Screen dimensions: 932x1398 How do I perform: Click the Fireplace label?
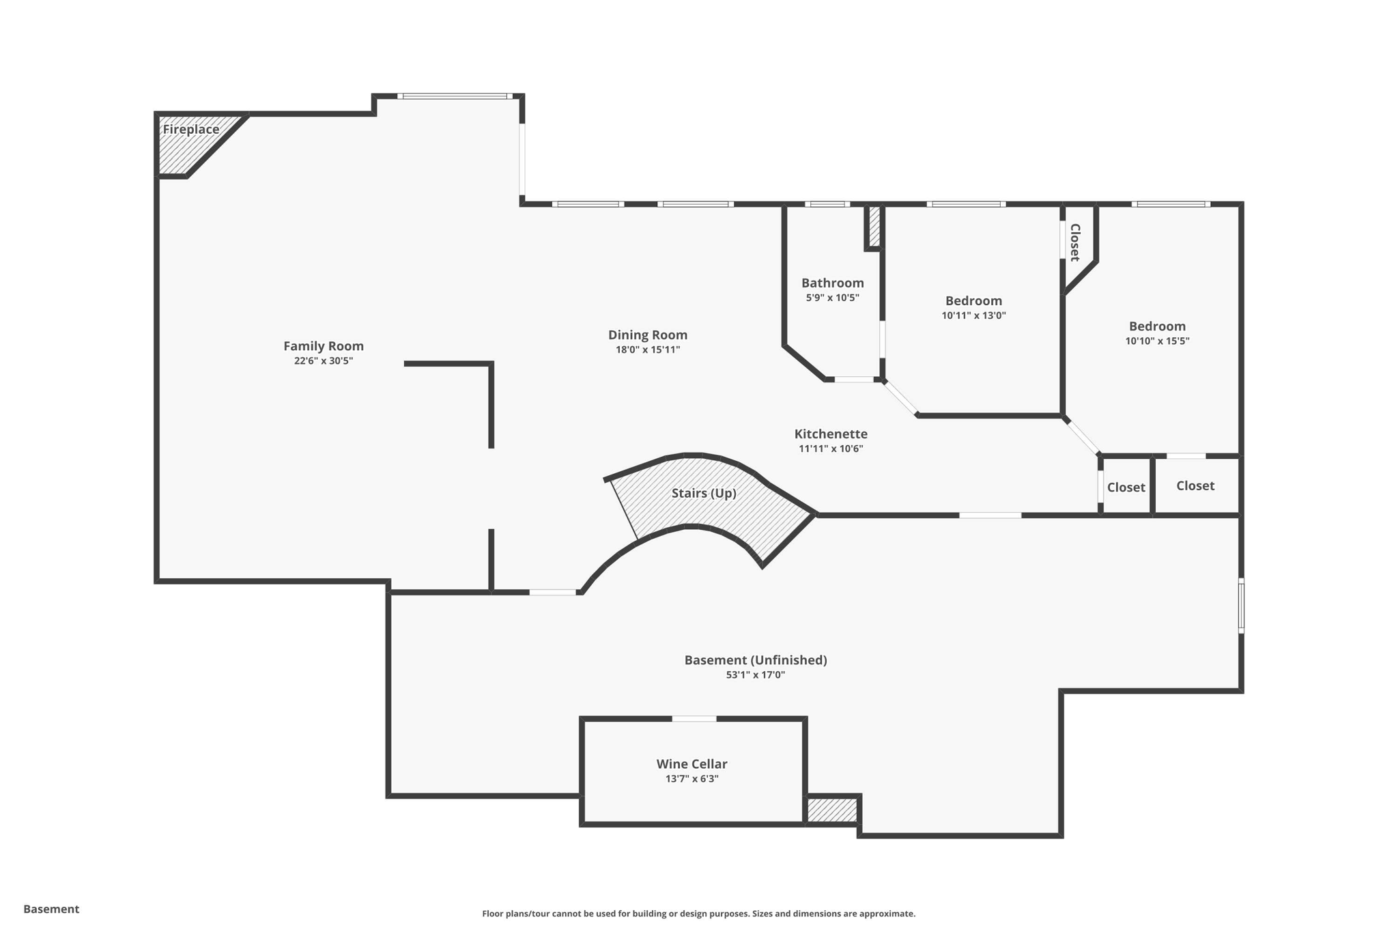point(190,130)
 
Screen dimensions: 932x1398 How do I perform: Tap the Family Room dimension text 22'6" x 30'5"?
point(323,361)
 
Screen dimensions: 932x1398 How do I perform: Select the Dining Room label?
point(647,335)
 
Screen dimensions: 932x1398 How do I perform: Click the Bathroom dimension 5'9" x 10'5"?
point(832,298)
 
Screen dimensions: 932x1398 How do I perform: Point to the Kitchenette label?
point(831,434)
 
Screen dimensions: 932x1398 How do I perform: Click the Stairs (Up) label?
point(703,493)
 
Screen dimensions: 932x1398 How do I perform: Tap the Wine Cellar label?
point(691,764)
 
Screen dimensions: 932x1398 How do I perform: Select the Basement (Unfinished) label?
point(755,660)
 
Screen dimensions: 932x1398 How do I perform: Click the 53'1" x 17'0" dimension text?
point(755,675)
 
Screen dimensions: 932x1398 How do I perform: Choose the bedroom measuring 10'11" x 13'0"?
point(973,307)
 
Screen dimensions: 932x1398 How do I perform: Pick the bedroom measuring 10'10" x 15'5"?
point(1157,333)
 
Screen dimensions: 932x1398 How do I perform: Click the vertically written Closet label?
point(1074,242)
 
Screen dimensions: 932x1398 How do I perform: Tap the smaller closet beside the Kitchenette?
point(1126,488)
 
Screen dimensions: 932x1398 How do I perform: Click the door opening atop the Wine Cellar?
point(694,719)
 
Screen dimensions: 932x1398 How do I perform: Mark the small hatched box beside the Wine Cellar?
point(831,810)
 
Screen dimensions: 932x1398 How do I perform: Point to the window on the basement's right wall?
point(1241,606)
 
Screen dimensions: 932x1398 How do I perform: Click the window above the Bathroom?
point(827,204)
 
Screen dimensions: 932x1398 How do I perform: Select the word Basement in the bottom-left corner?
point(51,909)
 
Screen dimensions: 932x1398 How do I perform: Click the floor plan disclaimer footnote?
point(698,914)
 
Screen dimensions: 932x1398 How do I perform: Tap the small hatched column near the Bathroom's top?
point(874,227)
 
